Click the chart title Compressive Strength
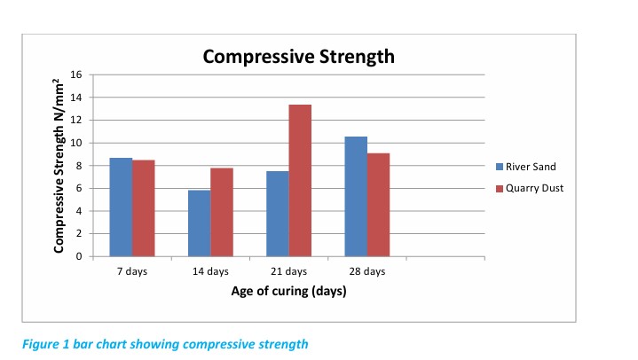(x=298, y=58)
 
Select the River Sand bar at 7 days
(x=121, y=207)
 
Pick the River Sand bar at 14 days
(x=200, y=223)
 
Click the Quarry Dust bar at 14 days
(x=222, y=213)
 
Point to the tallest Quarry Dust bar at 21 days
(x=300, y=181)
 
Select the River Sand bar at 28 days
(x=356, y=197)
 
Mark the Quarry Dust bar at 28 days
(x=378, y=205)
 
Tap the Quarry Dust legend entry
(x=533, y=188)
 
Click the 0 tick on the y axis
(x=78, y=257)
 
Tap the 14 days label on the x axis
(x=211, y=271)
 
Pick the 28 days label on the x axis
(x=367, y=271)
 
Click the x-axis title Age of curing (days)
(x=288, y=292)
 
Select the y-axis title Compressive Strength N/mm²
(x=59, y=166)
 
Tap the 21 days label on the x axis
(x=289, y=271)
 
